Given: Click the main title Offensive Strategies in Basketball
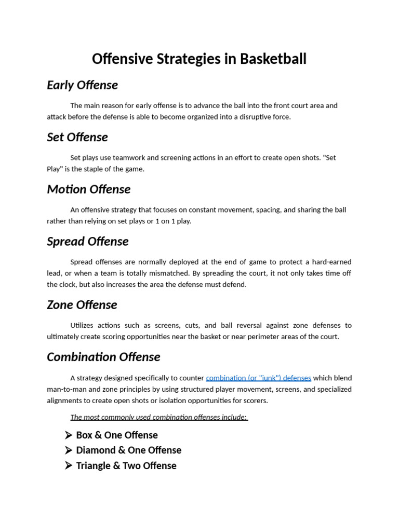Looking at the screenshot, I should pyautogui.click(x=199, y=59).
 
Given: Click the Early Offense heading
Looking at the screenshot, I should pyautogui.click(x=82, y=85).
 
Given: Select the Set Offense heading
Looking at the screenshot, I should pyautogui.click(x=77, y=137).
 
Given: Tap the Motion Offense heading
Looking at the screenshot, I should pyautogui.click(x=88, y=189).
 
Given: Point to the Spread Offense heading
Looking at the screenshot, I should pyautogui.click(x=87, y=242).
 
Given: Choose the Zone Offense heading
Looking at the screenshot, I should pyautogui.click(x=82, y=304).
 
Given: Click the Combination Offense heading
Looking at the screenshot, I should pyautogui.click(x=103, y=357).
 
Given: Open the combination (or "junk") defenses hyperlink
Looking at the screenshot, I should pyautogui.click(x=258, y=378).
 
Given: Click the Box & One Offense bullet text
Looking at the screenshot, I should pyautogui.click(x=116, y=435).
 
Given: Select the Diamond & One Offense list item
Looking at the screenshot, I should pyautogui.click(x=128, y=450).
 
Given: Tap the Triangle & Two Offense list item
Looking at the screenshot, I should pyautogui.click(x=126, y=465).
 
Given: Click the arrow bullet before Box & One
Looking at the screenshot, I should pyautogui.click(x=69, y=435).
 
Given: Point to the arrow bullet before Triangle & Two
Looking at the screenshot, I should pyautogui.click(x=69, y=465).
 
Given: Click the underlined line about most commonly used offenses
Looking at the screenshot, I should pyautogui.click(x=158, y=417).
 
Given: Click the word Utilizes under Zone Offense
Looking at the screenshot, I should pyautogui.click(x=82, y=325).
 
